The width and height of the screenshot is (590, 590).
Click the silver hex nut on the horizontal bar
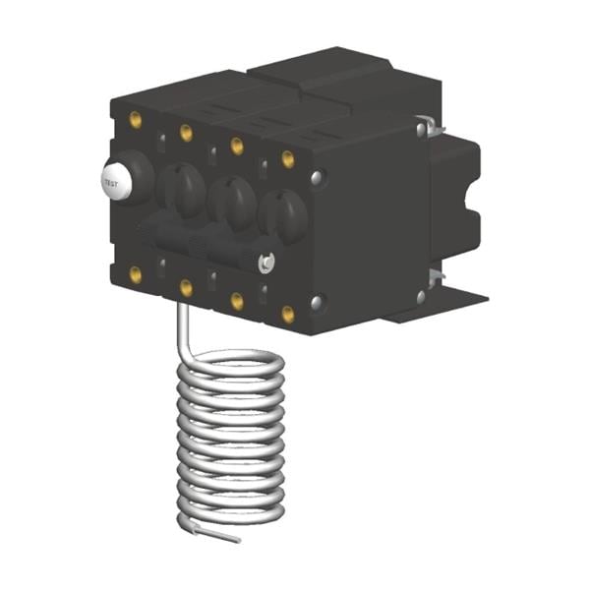[265, 262]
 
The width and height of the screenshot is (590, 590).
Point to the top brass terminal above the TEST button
[136, 119]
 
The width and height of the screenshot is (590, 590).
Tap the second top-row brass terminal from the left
[186, 132]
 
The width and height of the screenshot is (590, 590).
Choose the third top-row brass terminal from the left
[237, 145]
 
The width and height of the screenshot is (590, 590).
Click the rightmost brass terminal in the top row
[288, 157]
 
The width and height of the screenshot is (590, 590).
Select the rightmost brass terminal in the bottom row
[288, 315]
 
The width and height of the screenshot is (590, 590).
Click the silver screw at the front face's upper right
[317, 178]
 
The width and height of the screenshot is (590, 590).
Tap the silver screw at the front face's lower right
[317, 302]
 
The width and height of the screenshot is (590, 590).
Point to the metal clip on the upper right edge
[424, 128]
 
